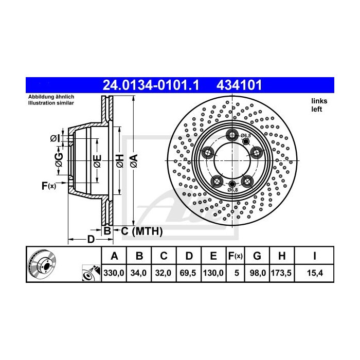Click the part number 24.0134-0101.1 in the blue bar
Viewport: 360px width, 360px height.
(151, 85)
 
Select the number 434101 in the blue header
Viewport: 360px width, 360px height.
(239, 85)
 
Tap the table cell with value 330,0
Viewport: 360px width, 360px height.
(114, 273)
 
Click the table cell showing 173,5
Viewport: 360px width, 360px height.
(281, 273)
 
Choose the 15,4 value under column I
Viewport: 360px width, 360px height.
(315, 273)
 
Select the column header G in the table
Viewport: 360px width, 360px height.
(257, 256)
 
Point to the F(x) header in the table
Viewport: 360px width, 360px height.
(236, 256)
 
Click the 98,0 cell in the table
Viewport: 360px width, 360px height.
(257, 273)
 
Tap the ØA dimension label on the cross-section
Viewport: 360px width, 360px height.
(134, 160)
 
